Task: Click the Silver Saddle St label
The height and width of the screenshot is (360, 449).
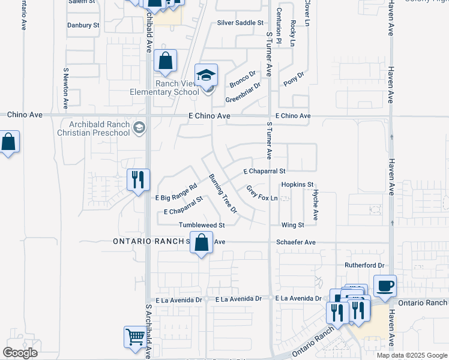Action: tap(240, 23)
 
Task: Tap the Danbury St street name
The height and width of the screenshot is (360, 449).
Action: tap(83, 26)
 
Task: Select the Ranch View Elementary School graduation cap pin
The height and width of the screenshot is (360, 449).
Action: tap(206, 74)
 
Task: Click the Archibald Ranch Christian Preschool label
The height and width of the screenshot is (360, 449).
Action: tap(94, 128)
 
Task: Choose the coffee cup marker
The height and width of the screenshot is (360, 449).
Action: tap(385, 286)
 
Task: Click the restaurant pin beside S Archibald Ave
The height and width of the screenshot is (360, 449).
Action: tap(137, 179)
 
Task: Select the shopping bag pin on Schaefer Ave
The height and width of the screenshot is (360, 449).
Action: tap(202, 243)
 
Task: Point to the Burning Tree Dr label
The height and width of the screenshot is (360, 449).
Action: tap(223, 194)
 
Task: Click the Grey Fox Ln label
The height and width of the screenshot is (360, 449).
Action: tap(262, 193)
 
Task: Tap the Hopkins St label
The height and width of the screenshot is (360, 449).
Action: tap(297, 184)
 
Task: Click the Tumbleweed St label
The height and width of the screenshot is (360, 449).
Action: tap(201, 226)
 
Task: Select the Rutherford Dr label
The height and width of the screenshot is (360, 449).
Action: tap(364, 265)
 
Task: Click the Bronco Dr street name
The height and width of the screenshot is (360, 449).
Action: tap(243, 77)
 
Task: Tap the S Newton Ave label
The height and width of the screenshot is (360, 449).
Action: tap(66, 88)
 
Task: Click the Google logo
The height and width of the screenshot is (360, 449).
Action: tap(20, 353)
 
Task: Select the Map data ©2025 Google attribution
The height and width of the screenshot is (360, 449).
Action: tap(412, 355)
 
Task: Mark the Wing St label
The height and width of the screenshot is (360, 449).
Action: tap(293, 226)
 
